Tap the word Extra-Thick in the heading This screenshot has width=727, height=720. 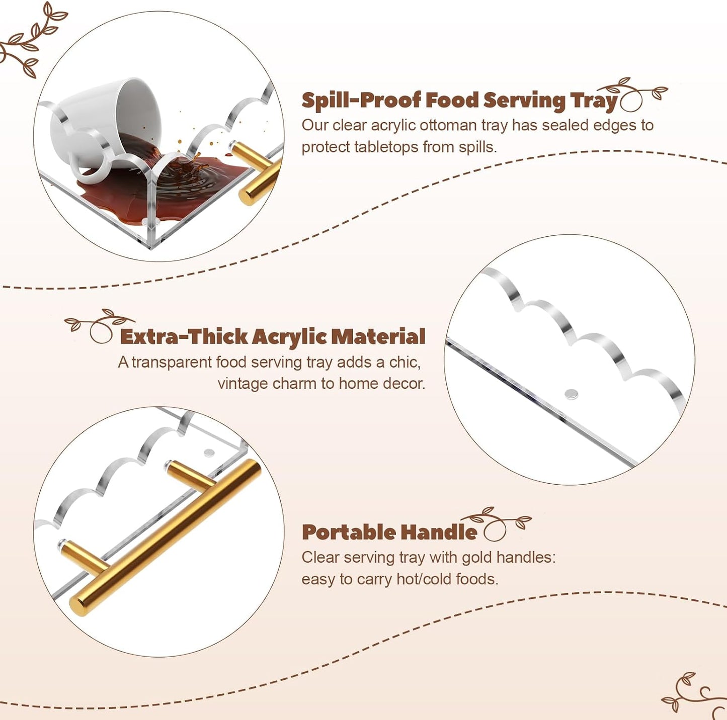(184, 337)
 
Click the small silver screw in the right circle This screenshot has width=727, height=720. (571, 395)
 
